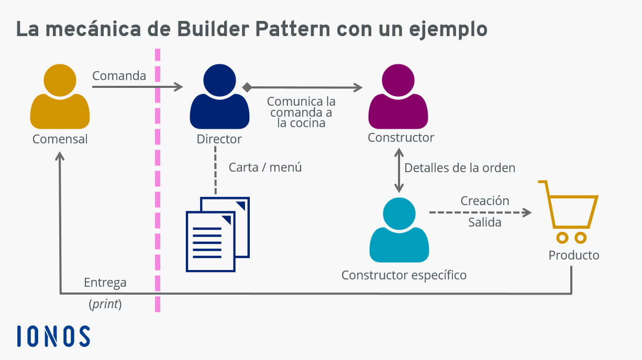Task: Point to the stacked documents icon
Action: click(x=218, y=234)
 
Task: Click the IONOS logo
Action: click(x=53, y=336)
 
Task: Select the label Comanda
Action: click(x=119, y=76)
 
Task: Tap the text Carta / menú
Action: click(x=265, y=167)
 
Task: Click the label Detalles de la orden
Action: click(x=460, y=168)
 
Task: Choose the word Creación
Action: click(x=485, y=201)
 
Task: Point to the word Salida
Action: click(x=485, y=222)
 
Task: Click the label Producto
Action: click(x=574, y=255)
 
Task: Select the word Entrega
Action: click(x=105, y=283)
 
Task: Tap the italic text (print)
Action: click(x=105, y=304)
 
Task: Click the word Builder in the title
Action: click(x=213, y=29)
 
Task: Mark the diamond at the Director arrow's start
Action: click(x=247, y=87)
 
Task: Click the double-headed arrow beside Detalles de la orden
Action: click(x=399, y=171)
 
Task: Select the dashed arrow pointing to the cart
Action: click(x=480, y=212)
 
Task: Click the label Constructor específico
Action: click(x=404, y=275)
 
